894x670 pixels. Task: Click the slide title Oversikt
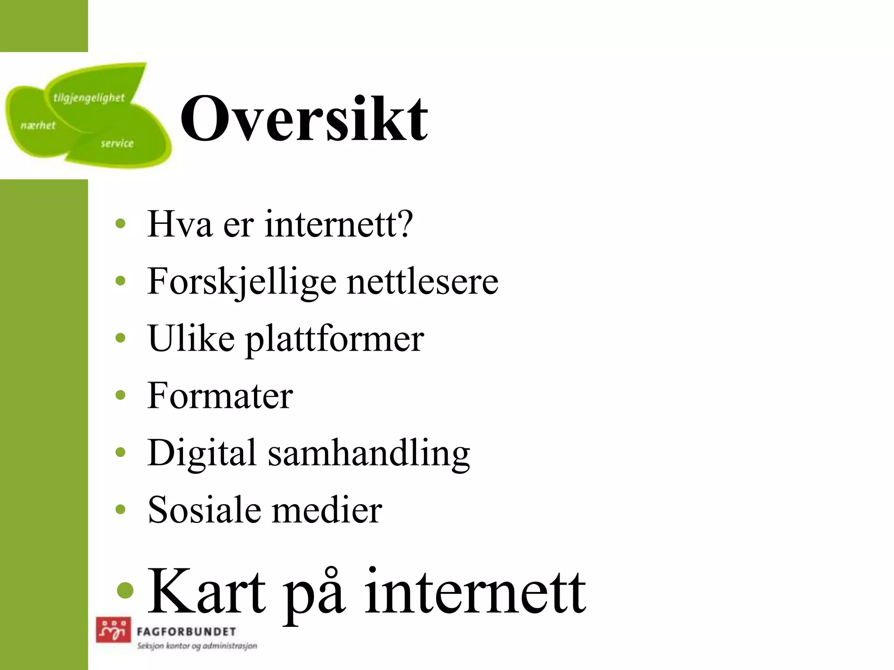click(x=304, y=119)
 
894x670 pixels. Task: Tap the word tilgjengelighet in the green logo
click(x=89, y=98)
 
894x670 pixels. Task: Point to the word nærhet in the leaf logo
click(x=38, y=126)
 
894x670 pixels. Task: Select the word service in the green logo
click(x=117, y=143)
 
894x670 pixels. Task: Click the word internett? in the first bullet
click(x=339, y=224)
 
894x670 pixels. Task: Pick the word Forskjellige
click(x=242, y=282)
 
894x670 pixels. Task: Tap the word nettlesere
click(x=423, y=282)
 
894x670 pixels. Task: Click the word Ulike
click(x=191, y=338)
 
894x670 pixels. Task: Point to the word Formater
click(x=220, y=396)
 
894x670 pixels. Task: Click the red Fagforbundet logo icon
click(x=113, y=630)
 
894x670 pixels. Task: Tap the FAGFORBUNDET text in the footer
click(x=186, y=632)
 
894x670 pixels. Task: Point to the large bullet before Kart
click(x=125, y=590)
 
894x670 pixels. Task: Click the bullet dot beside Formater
click(x=120, y=396)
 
